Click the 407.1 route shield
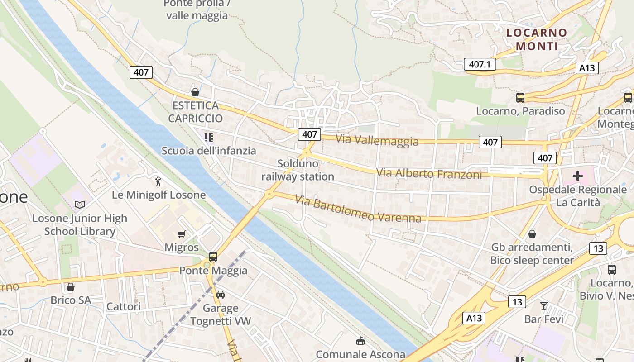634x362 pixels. point(480,64)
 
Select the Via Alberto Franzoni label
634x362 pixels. point(429,173)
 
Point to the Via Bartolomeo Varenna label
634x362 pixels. point(358,209)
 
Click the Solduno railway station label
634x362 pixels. point(298,170)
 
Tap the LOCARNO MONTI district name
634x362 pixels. point(537,39)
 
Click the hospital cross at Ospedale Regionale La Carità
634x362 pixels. point(578,176)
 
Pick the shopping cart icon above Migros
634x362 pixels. point(182,234)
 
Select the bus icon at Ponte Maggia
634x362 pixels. point(213,257)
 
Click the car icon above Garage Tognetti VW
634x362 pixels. point(221,295)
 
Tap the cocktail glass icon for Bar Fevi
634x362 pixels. point(543,305)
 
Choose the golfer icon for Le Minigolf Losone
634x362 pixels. point(158,181)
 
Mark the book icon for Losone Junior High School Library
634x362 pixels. point(80,205)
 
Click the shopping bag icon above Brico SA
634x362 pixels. point(71,287)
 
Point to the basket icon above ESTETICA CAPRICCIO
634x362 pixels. point(195,92)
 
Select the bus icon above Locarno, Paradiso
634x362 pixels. point(520,97)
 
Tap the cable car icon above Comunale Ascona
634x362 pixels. point(360,341)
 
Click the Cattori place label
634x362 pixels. point(123,306)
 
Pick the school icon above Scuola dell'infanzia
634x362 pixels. point(208,137)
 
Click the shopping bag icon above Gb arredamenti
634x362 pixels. point(532,234)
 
